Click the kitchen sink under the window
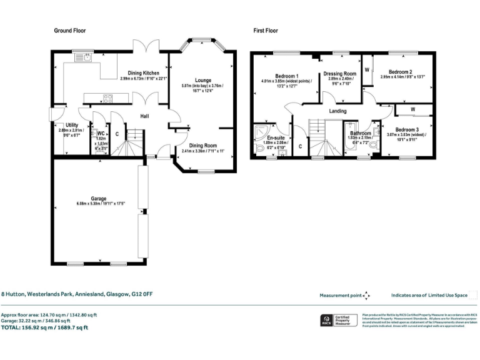[x=84, y=58]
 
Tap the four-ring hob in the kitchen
[x=107, y=97]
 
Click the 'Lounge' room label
[x=202, y=81]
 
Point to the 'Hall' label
[x=144, y=116]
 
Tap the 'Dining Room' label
[x=202, y=145]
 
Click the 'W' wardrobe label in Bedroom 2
[x=367, y=69]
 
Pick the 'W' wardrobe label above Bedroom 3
[x=412, y=110]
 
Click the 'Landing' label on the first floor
[x=338, y=111]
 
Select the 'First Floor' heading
[x=266, y=30]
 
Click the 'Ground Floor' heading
[x=69, y=30]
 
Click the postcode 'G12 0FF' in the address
[x=142, y=293]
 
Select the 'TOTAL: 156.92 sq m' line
[x=45, y=327]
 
